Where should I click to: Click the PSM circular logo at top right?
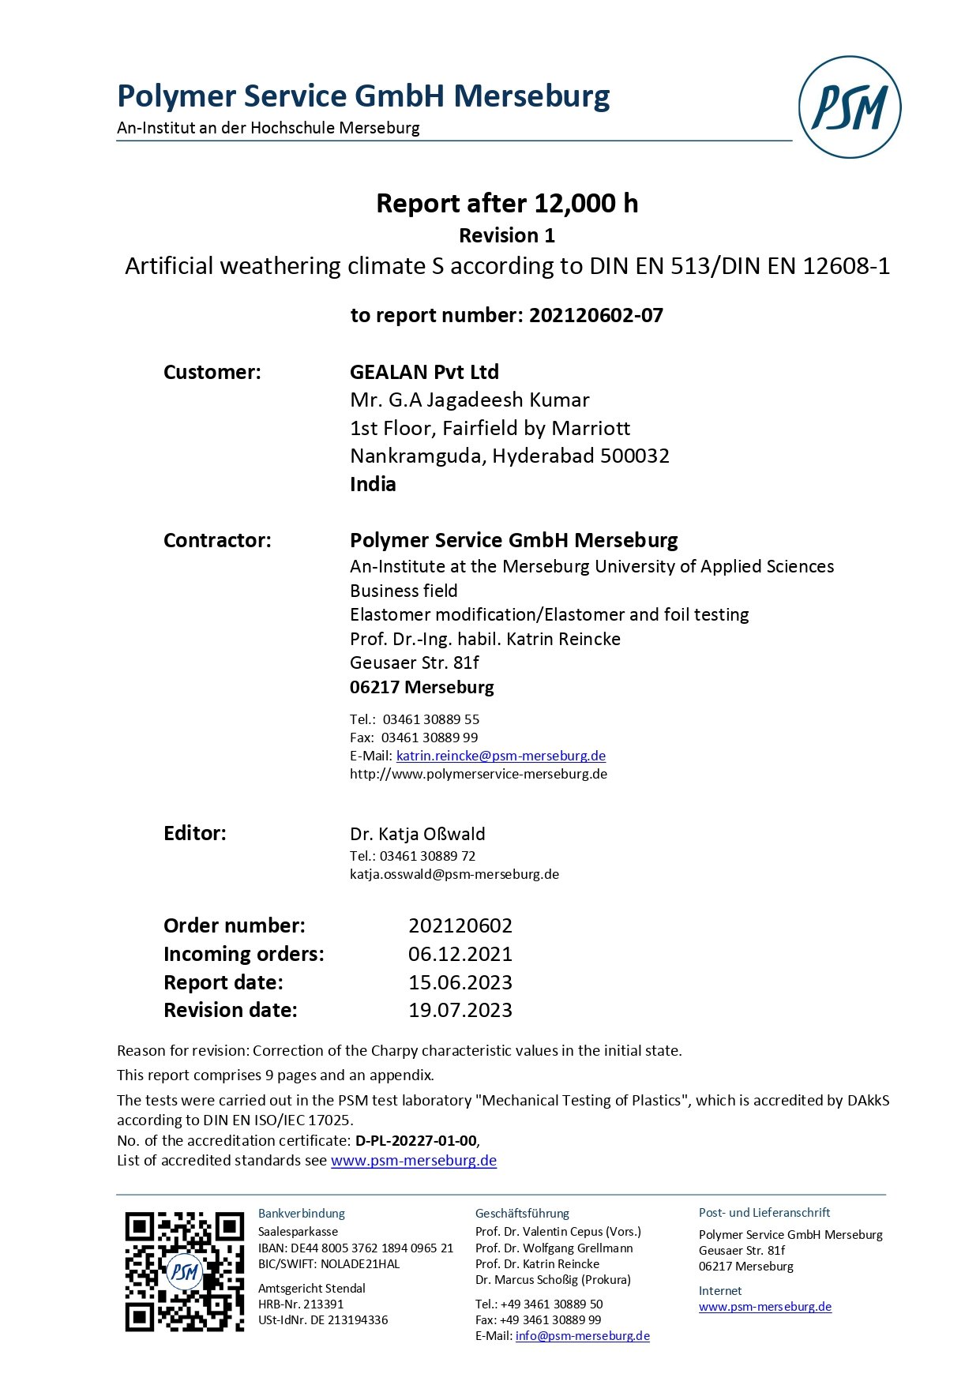pos(849,107)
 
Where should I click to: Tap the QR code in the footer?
pos(184,1271)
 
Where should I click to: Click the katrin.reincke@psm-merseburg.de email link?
pos(501,756)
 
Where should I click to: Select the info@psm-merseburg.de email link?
pos(582,1335)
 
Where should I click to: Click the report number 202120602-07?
pos(595,315)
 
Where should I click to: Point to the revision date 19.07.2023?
pos(460,1010)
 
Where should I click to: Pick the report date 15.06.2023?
pos(460,982)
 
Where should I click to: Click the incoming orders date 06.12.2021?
pos(460,954)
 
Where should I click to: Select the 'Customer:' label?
pos(212,372)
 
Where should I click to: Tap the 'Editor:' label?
pos(194,833)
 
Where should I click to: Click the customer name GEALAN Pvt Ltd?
pos(424,372)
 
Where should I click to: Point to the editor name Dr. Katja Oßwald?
pos(417,834)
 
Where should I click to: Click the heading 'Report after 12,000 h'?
pos(506,203)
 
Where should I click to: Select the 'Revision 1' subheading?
pos(506,235)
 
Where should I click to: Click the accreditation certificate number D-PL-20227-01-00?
pos(416,1140)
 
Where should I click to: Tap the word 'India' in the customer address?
pos(373,484)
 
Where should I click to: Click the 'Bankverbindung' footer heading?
pos(301,1213)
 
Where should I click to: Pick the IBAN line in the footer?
pos(355,1248)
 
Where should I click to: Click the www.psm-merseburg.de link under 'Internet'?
pos(764,1306)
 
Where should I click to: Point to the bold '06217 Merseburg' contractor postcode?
pos(422,687)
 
